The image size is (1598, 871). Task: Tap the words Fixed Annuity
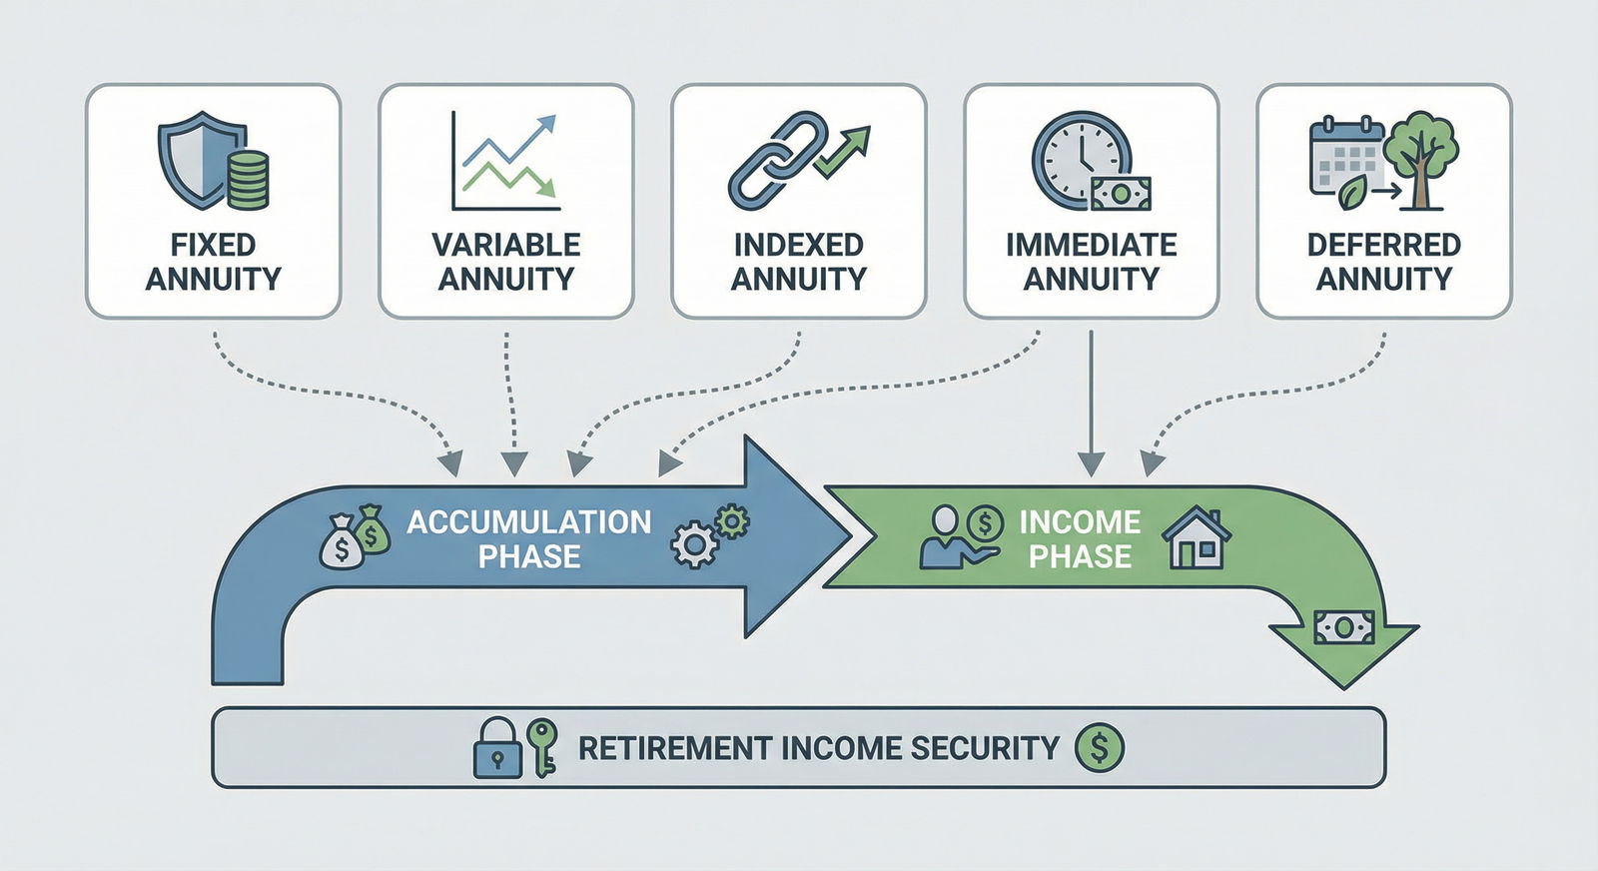click(x=213, y=262)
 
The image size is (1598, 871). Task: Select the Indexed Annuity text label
click(x=798, y=262)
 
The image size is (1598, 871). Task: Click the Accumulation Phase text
click(x=528, y=538)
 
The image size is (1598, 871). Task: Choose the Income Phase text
click(x=1080, y=538)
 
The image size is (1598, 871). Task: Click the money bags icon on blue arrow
click(x=355, y=537)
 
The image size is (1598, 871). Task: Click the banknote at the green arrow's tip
click(x=1343, y=627)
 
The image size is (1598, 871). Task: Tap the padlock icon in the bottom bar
click(x=496, y=748)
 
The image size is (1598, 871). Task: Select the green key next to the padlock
click(x=542, y=747)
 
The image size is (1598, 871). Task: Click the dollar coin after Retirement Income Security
click(x=1099, y=747)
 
